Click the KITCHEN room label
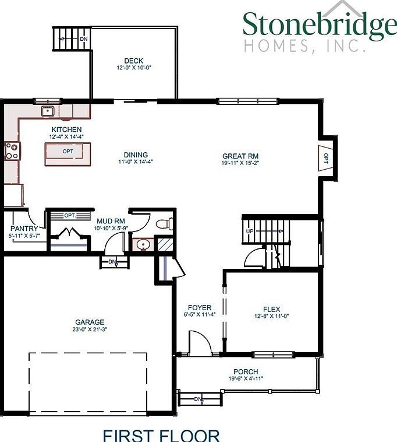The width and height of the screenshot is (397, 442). point(66,129)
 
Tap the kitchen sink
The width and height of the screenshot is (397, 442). point(47,111)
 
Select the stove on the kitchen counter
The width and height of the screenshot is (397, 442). point(12,151)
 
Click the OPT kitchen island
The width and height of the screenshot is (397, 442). point(69,152)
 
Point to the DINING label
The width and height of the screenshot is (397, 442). point(135,155)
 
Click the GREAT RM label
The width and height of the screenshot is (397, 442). point(240,156)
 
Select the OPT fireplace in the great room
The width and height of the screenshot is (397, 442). point(325,158)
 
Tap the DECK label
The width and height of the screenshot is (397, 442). point(133,61)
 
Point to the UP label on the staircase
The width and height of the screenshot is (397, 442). point(250,231)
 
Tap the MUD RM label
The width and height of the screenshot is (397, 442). point(111,221)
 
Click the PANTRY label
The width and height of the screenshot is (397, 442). point(24,229)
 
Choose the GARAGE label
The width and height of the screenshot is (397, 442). point(90,322)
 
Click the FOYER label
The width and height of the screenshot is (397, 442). point(199,307)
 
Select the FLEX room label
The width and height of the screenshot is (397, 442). point(271,309)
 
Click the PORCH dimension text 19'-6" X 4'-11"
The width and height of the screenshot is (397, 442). point(245,378)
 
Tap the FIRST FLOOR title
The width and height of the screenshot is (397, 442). point(161,435)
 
